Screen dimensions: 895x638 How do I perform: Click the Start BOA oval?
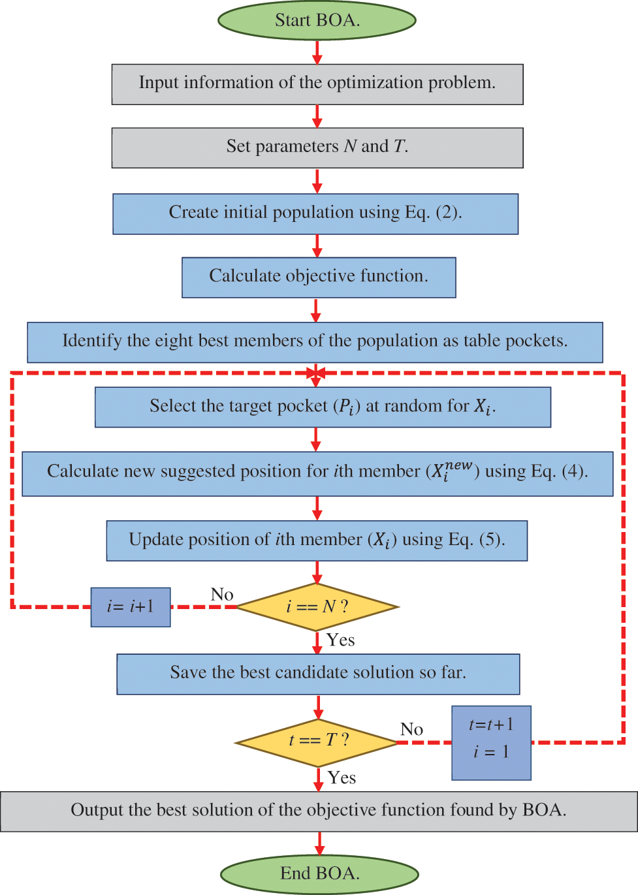coord(317,20)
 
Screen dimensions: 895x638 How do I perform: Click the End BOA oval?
coord(319,873)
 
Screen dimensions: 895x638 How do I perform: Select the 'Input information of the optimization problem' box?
coord(317,84)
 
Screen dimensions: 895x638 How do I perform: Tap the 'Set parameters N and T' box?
coord(317,148)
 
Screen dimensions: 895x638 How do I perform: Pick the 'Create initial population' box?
coord(315,213)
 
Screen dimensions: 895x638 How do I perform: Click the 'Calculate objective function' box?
coord(319,277)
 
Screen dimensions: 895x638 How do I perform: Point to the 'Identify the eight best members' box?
coord(315,341)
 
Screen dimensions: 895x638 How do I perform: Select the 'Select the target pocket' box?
coord(323,407)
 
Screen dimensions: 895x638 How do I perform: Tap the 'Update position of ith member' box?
coord(317,541)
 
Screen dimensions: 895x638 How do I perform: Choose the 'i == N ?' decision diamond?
coord(317,606)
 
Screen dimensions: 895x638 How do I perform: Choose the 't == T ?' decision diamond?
coord(317,742)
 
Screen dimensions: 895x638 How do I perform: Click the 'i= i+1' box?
coord(131,606)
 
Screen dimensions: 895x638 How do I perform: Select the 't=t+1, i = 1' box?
coord(491,742)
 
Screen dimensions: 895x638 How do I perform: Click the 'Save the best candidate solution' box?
coord(318,674)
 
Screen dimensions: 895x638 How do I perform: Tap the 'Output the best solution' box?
coord(319,811)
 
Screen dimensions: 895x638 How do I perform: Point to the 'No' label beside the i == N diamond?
coord(222,594)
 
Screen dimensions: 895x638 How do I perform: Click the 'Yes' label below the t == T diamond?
coord(342,777)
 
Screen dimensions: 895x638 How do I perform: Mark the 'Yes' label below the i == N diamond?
coord(341,640)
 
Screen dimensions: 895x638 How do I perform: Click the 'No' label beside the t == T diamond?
coord(412,729)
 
